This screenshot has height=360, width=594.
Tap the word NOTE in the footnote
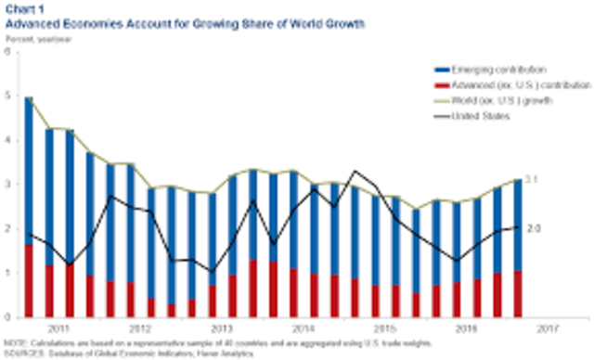click(14, 342)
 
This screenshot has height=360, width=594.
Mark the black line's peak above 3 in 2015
click(355, 172)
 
